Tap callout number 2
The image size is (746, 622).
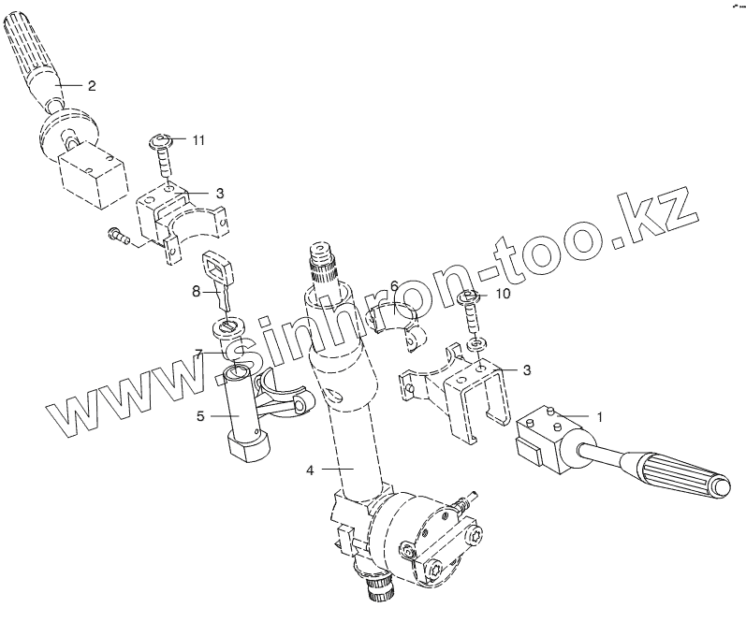coord(91,86)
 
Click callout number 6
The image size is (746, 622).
coord(394,285)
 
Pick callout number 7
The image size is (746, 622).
coord(198,354)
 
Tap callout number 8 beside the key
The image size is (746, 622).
coord(197,292)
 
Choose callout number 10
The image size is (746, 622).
coord(504,294)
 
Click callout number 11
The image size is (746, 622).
coord(197,140)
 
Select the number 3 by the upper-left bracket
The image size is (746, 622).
coord(219,193)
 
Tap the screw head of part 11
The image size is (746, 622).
coord(161,143)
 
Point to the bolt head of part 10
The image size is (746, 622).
coord(468,298)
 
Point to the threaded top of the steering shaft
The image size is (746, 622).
coord(321,254)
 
